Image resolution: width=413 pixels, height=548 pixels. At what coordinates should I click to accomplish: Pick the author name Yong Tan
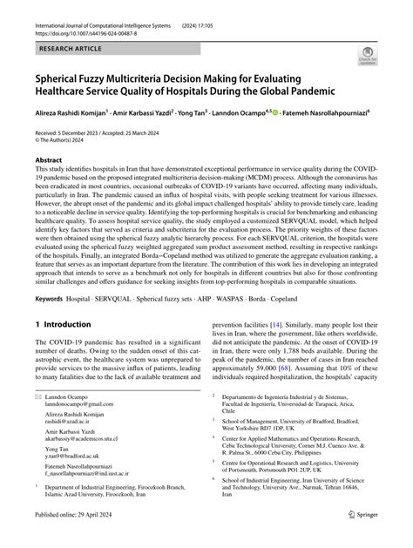click(x=194, y=112)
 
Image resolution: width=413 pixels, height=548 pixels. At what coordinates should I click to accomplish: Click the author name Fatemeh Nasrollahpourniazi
click(x=349, y=112)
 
